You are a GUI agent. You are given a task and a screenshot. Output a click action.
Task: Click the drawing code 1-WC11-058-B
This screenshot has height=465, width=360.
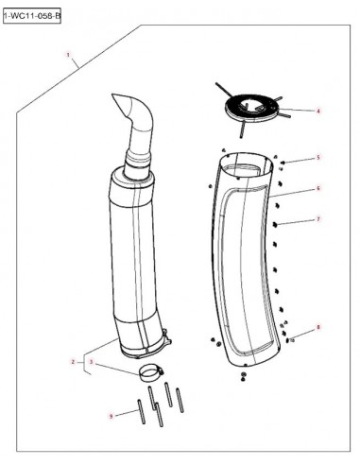pyautogui.click(x=32, y=16)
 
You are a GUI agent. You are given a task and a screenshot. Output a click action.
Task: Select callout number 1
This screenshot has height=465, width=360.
pyautogui.click(x=68, y=55)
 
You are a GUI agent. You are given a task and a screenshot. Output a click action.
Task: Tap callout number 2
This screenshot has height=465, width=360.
pyautogui.click(x=73, y=362)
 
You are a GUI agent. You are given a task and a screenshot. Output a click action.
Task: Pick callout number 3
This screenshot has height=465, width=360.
pyautogui.click(x=92, y=362)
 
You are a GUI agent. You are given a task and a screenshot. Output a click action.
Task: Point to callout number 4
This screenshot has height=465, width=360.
pyautogui.click(x=318, y=111)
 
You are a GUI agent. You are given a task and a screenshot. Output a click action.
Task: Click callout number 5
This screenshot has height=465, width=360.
pyautogui.click(x=318, y=157)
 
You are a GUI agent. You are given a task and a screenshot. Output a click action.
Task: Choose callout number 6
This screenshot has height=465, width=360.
pyautogui.click(x=318, y=188)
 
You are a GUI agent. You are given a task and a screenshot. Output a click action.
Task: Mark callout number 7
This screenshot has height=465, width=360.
pyautogui.click(x=318, y=219)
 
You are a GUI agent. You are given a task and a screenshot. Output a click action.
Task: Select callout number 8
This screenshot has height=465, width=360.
pyautogui.click(x=318, y=327)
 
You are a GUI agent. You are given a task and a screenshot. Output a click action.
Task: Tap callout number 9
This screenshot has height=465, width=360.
pyautogui.click(x=111, y=416)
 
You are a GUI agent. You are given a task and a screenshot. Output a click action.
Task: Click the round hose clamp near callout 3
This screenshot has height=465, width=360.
pyautogui.click(x=150, y=372)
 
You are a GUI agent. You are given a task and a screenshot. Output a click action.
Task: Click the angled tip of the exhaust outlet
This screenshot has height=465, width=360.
pyautogui.click(x=113, y=95)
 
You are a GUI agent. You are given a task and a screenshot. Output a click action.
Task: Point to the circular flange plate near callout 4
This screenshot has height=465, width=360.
pyautogui.click(x=251, y=109)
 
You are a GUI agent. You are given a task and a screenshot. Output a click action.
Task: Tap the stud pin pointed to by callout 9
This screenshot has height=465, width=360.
pyautogui.click(x=141, y=411)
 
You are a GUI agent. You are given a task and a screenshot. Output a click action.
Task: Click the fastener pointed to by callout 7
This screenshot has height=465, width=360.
pyautogui.click(x=275, y=224)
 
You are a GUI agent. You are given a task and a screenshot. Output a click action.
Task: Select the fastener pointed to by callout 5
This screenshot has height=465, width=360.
pyautogui.click(x=283, y=163)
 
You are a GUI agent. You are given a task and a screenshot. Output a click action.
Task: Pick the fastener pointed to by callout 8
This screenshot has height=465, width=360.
pyautogui.click(x=288, y=340)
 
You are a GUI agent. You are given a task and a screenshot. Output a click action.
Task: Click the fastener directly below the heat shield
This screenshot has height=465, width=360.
pyautogui.click(x=243, y=376)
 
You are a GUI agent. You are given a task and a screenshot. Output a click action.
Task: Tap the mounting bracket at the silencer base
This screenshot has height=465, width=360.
pyautogui.click(x=167, y=337)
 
